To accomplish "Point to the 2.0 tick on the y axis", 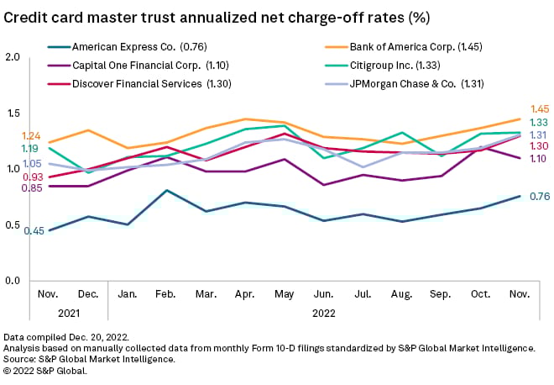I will [x=12, y=57].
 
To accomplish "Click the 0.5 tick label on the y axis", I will [x=12, y=224].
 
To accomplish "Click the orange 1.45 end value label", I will [x=540, y=109].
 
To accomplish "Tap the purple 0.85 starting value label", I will [x=33, y=188].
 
